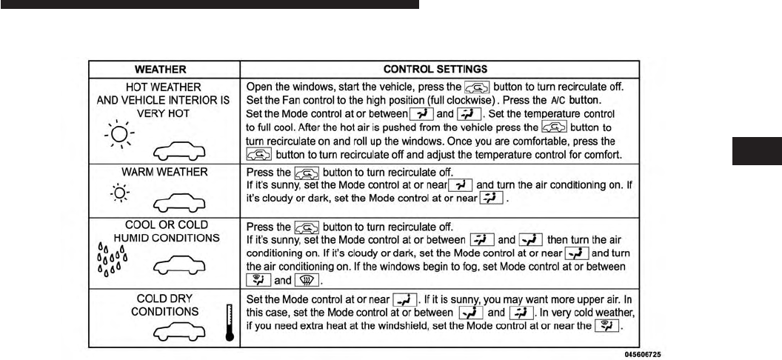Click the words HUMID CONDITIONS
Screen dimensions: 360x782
[x=164, y=237]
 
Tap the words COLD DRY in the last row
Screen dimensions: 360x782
[x=164, y=298]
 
